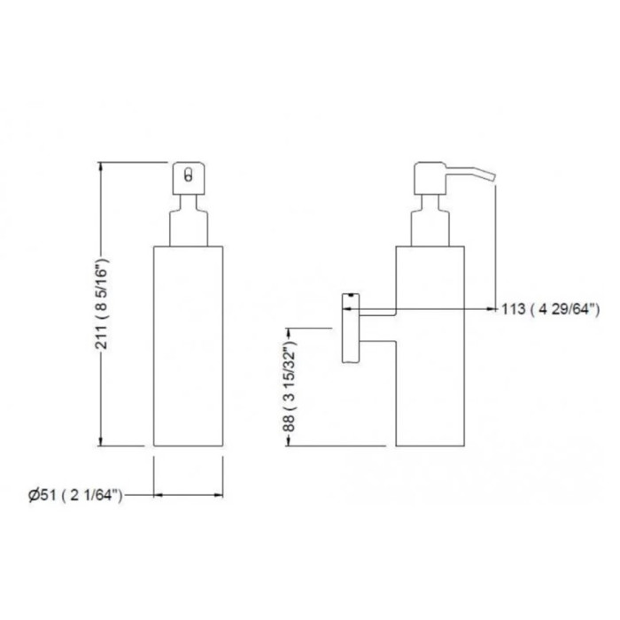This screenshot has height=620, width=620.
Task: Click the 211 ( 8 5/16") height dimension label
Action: tap(102, 304)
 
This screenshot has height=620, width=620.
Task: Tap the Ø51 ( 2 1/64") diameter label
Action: tap(75, 495)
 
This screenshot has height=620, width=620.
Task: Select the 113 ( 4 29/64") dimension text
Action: tap(550, 309)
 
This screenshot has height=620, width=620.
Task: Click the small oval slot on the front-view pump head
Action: tap(189, 174)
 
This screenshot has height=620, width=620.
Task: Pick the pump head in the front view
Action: tap(189, 178)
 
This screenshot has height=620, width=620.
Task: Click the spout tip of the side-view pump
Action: tap(493, 176)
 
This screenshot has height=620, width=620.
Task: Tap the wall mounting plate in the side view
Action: tap(351, 328)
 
